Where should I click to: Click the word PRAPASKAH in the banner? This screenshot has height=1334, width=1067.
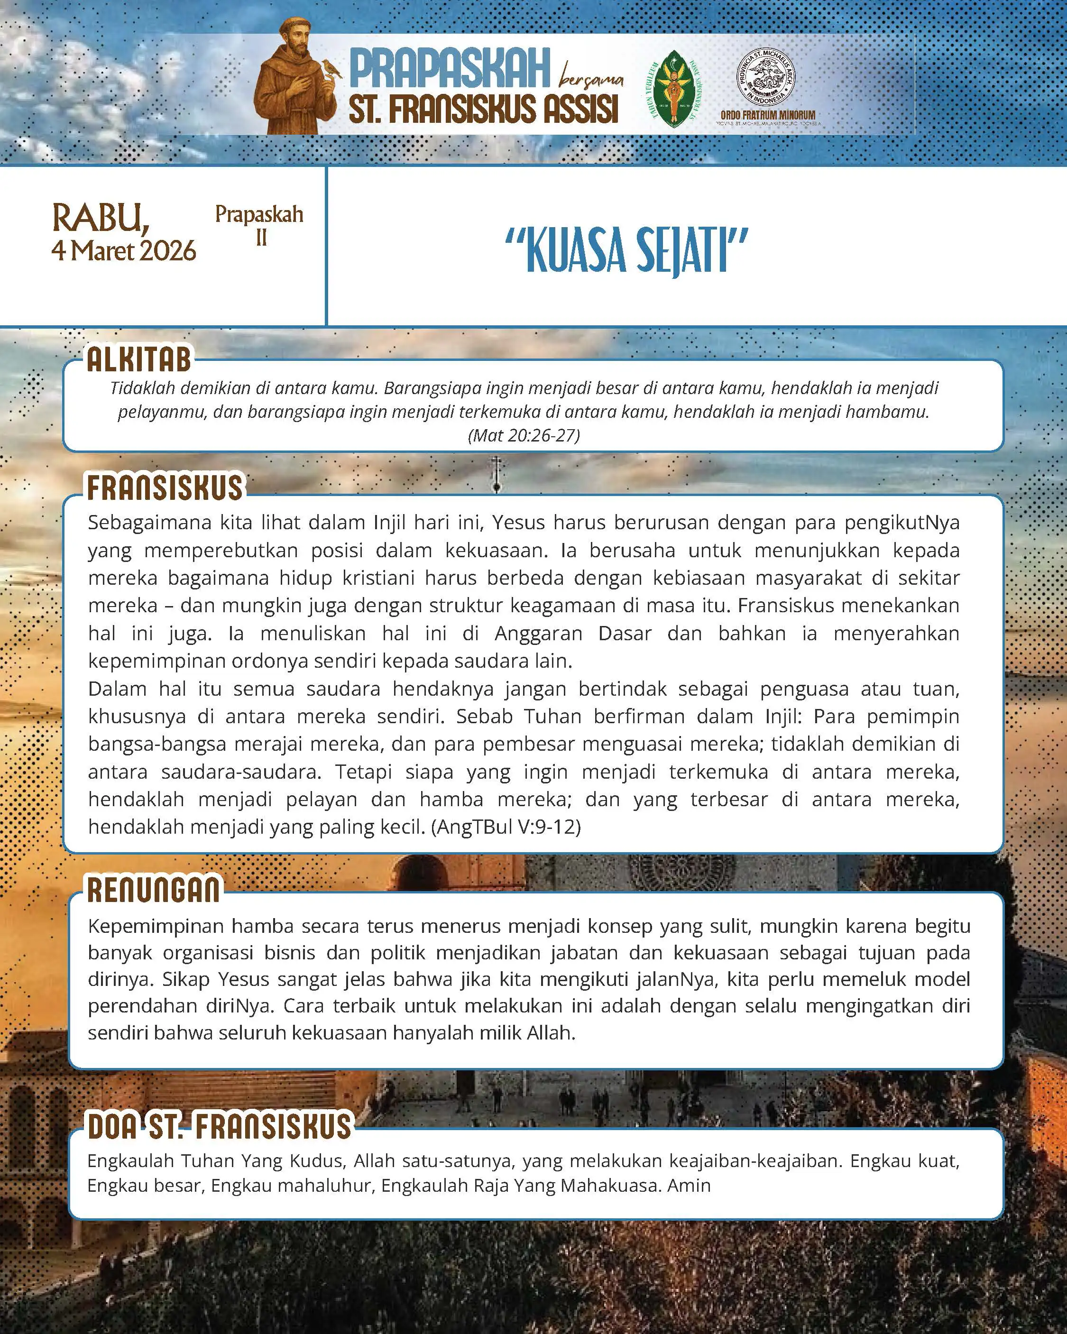pos(450,69)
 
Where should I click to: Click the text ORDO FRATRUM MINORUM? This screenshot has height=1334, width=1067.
pos(767,115)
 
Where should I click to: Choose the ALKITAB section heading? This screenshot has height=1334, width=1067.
pos(139,360)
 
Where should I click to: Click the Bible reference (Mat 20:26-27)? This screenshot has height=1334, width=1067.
pos(524,436)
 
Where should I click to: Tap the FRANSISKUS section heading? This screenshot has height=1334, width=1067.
pos(165,488)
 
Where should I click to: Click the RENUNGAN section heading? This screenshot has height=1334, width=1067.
pos(154,890)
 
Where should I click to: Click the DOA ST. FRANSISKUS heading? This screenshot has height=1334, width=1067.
pos(219,1126)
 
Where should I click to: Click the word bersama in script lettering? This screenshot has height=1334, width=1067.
pos(591,80)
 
